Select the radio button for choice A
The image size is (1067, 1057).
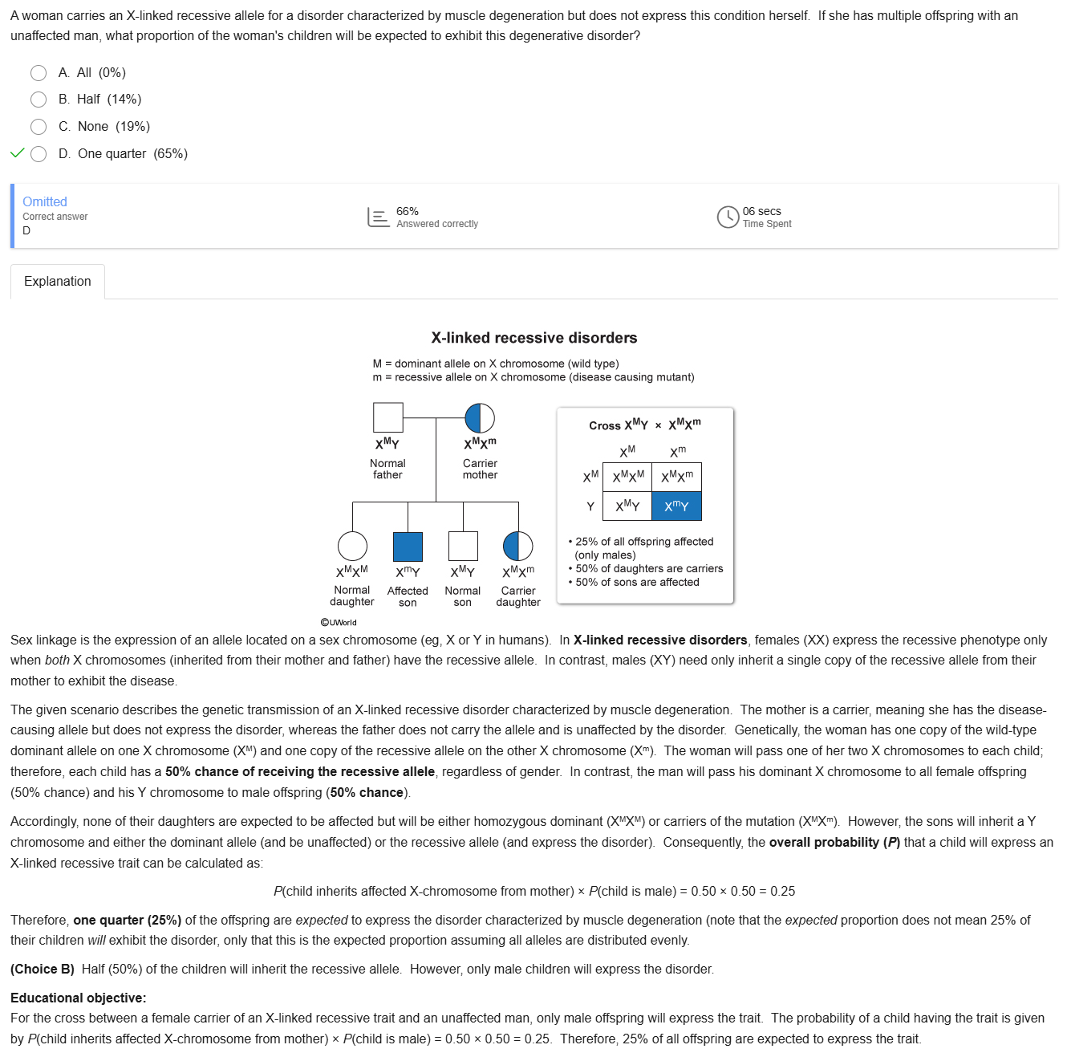point(39,73)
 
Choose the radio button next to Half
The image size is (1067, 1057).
point(39,100)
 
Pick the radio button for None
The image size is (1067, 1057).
point(39,127)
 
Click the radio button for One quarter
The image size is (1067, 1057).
point(39,154)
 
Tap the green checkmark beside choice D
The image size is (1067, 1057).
point(18,153)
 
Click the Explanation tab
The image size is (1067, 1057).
point(58,282)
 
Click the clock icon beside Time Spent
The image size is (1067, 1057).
point(728,217)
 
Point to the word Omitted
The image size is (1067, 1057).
point(45,201)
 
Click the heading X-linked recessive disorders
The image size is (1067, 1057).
point(534,338)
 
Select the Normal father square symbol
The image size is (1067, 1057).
point(388,417)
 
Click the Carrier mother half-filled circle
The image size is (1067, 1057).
point(480,417)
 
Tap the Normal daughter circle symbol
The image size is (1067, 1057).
point(352,546)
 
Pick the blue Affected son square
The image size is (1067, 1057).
point(408,546)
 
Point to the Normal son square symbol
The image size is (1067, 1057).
point(463,546)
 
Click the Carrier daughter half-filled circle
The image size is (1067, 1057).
point(517,546)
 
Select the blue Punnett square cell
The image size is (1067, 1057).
point(676,506)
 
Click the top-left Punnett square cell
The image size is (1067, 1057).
point(627,477)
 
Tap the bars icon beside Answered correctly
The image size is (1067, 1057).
point(379,217)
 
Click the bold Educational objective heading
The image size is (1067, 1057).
point(79,998)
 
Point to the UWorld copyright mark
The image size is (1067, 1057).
point(339,622)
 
